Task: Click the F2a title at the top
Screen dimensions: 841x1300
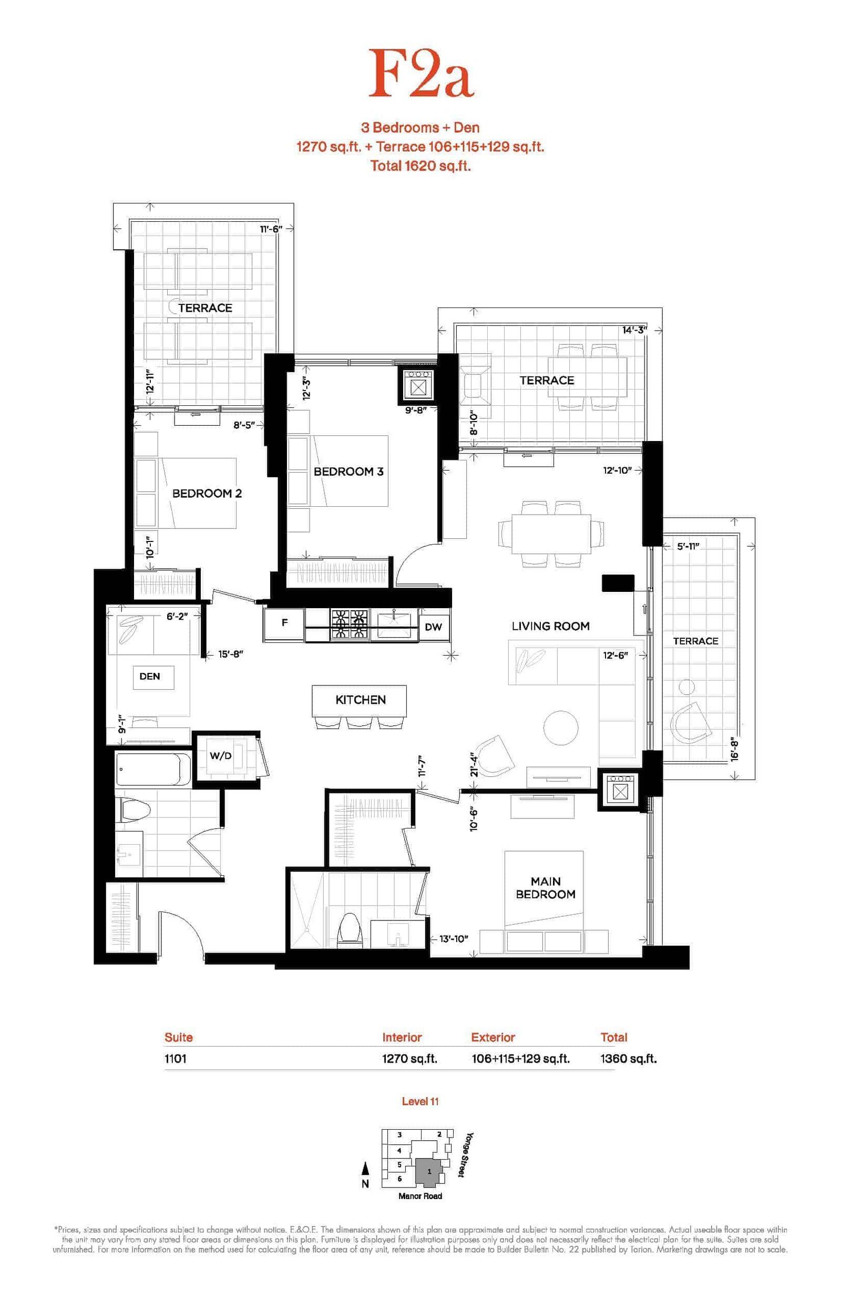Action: click(420, 74)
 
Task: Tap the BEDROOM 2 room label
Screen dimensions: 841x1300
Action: click(207, 494)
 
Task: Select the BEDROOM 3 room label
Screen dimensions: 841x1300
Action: click(348, 472)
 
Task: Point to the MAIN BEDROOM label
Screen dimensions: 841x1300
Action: click(546, 888)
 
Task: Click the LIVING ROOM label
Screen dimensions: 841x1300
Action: click(550, 626)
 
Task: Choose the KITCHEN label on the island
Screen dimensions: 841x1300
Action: click(361, 700)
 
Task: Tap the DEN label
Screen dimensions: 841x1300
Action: click(150, 677)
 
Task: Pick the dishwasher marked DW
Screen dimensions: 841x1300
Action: click(434, 627)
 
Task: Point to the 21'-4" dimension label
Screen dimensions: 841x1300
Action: click(474, 764)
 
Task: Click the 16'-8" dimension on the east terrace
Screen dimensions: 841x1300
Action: click(735, 749)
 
